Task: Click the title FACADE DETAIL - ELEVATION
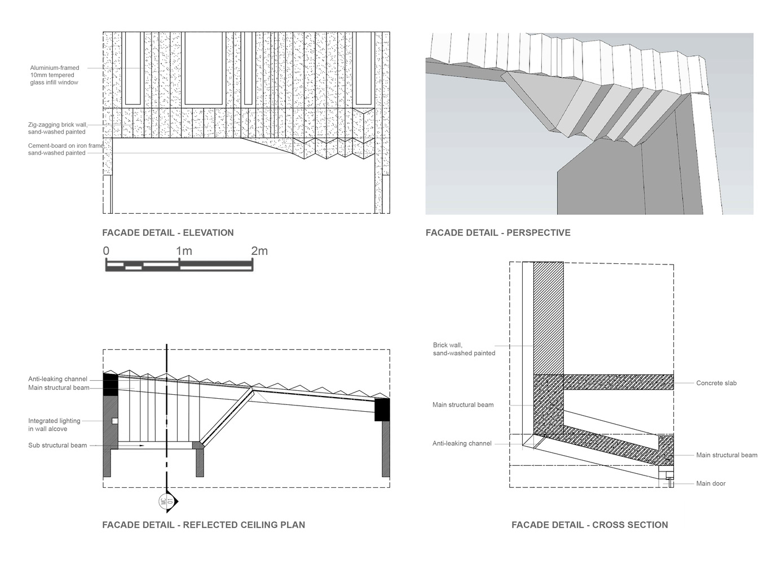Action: (x=167, y=232)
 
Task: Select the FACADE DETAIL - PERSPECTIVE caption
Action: (x=498, y=232)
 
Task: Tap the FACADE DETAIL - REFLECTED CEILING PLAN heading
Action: (x=203, y=525)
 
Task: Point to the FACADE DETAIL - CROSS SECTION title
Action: (x=589, y=525)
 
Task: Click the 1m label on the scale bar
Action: (x=184, y=251)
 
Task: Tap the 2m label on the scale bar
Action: (x=259, y=251)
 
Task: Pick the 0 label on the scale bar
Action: (x=106, y=251)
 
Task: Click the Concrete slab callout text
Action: (x=716, y=383)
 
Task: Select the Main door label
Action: (x=711, y=483)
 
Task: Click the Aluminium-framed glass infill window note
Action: (x=55, y=75)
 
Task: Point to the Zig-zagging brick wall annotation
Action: (x=57, y=128)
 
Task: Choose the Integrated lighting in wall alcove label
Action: (x=54, y=425)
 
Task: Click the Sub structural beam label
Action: (x=58, y=445)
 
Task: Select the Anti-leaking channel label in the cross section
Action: (x=462, y=443)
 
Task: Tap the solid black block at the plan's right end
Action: (x=382, y=409)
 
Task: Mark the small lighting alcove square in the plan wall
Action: (x=114, y=421)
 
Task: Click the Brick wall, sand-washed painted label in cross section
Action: (x=464, y=349)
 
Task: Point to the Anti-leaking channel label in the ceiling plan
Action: (x=58, y=379)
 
